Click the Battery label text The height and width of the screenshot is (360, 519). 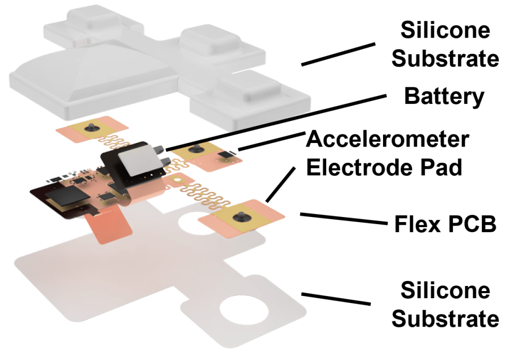coord(444,96)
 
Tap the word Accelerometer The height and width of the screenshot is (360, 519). coord(388,139)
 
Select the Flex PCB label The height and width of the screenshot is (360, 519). coord(445,224)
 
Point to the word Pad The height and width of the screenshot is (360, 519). coord(441,167)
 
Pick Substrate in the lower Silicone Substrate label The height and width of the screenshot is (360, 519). coord(445,319)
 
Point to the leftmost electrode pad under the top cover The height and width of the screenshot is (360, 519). coord(91,130)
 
